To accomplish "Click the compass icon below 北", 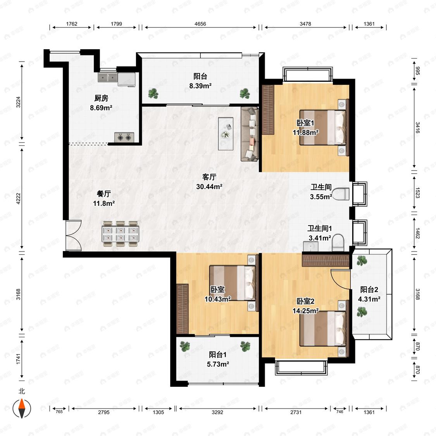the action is click(22, 408).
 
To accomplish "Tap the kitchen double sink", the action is click(108, 77).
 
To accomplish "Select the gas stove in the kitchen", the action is click(124, 137).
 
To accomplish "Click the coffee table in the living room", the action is click(226, 134).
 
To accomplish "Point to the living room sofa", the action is click(250, 134).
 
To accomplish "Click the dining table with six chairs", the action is click(121, 234).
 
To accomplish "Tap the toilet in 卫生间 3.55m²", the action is click(341, 194).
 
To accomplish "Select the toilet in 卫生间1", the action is click(338, 243).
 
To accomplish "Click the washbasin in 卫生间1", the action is click(310, 246).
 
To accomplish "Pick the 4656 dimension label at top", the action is click(200, 24).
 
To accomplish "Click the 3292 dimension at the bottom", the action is click(217, 412).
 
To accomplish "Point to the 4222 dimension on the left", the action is click(18, 198).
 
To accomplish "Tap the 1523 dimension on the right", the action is click(417, 192).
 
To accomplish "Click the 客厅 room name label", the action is click(209, 177).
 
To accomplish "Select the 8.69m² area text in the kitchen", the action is click(101, 108).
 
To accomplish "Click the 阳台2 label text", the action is click(369, 290).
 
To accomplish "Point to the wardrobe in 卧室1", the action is click(268, 110).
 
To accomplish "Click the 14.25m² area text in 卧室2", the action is click(305, 311).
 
